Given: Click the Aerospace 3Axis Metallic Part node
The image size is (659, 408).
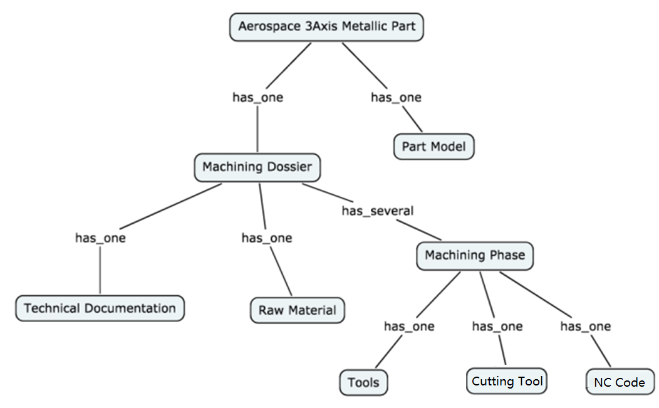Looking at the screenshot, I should pyautogui.click(x=327, y=27).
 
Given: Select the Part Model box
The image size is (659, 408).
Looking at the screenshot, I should pyautogui.click(x=434, y=147).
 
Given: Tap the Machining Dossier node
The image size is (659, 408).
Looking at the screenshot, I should pyautogui.click(x=257, y=167).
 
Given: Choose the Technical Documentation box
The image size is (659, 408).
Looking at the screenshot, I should pyautogui.click(x=100, y=308).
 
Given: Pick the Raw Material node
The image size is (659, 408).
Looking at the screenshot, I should pyautogui.click(x=298, y=310).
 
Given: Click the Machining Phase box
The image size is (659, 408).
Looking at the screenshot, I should pyautogui.click(x=475, y=256).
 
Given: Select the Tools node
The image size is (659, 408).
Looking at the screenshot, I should pyautogui.click(x=363, y=382).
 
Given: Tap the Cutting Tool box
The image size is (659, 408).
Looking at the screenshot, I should pyautogui.click(x=507, y=381).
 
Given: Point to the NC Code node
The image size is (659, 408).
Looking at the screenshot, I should pyautogui.click(x=620, y=382).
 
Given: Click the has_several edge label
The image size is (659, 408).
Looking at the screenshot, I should pyautogui.click(x=378, y=211).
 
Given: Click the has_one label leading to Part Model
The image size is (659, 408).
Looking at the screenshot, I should pyautogui.click(x=396, y=97).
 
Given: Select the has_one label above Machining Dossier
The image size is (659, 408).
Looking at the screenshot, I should pyautogui.click(x=257, y=97).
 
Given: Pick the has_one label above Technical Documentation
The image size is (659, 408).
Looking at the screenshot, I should pyautogui.click(x=100, y=238).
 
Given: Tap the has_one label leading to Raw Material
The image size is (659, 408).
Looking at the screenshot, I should pyautogui.click(x=267, y=238).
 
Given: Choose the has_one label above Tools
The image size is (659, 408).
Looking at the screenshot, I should pyautogui.click(x=409, y=327).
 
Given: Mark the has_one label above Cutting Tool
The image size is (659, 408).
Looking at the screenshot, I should pyautogui.click(x=497, y=327).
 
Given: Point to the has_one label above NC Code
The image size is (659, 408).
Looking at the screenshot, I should pyautogui.click(x=586, y=327).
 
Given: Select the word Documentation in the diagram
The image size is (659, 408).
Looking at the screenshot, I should pyautogui.click(x=130, y=308).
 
